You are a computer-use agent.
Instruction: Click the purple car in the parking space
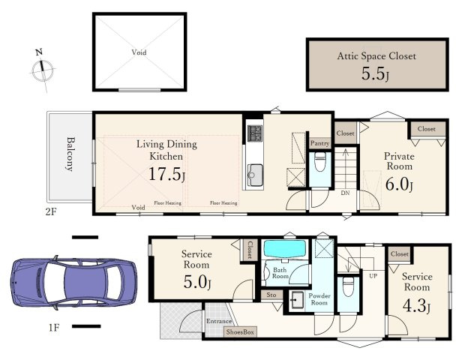[x=73, y=282]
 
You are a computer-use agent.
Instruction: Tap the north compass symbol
[x=43, y=70]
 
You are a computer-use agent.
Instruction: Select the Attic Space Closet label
[x=376, y=56]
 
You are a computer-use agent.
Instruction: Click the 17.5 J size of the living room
[x=167, y=174]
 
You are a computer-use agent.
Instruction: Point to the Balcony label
[x=70, y=154]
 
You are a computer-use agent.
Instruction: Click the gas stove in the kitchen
[x=255, y=133]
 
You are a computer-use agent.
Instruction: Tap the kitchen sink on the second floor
[x=255, y=175]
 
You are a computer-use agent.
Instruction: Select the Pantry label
[x=320, y=143]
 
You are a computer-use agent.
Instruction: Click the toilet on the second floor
[x=319, y=161]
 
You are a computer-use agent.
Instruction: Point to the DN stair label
[x=345, y=193]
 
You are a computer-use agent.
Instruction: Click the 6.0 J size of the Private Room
[x=399, y=184]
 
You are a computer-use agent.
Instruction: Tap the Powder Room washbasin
[x=297, y=300]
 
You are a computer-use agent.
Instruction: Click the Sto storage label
[x=271, y=295]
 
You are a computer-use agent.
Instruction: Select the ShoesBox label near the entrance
[x=240, y=332]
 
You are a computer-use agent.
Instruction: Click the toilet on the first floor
[x=348, y=286]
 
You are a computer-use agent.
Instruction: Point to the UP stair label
[x=373, y=276]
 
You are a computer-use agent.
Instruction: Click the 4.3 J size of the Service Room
[x=416, y=305]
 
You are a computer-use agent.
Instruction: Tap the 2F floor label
[x=51, y=212]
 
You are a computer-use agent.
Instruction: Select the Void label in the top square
[x=139, y=52]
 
